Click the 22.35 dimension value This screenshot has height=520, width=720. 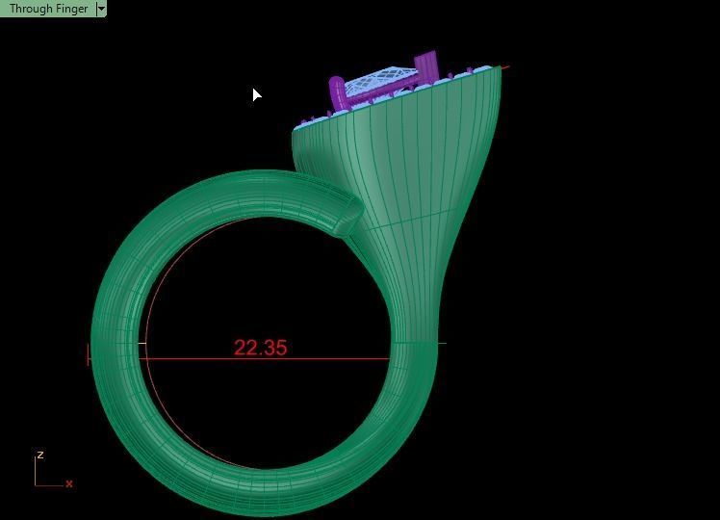260,348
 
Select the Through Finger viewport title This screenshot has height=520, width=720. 48,9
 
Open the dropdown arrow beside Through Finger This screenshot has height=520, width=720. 101,9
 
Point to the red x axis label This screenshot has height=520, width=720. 69,483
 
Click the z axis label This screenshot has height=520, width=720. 39,455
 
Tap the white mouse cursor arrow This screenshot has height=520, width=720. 256,94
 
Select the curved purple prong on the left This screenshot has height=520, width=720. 337,92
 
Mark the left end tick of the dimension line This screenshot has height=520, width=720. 89,354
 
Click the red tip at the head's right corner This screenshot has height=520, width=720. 503,67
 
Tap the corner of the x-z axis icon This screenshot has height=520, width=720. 37,484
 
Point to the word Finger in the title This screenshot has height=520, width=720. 70,9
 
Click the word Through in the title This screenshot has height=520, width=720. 31,9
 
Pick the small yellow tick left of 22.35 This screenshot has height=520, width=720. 142,344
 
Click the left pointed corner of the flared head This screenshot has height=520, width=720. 295,129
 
